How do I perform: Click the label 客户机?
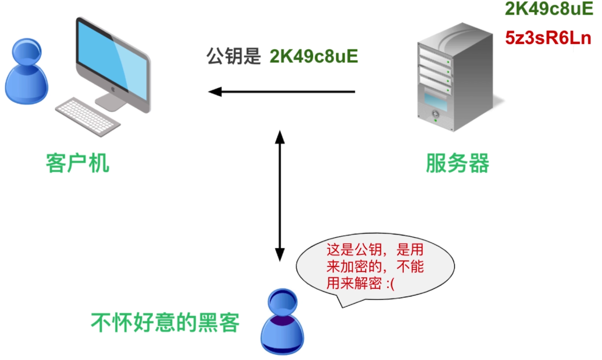point(78,163)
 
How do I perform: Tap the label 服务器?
point(457,163)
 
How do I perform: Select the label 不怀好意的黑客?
point(165,323)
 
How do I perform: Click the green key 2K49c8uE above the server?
point(549,9)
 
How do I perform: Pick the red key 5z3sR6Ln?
point(548,38)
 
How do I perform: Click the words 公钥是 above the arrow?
point(234,56)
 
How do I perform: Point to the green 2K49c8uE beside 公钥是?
point(314,56)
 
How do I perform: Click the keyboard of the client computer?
point(87,116)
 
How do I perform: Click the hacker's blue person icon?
point(282,322)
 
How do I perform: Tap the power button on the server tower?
point(435,114)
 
